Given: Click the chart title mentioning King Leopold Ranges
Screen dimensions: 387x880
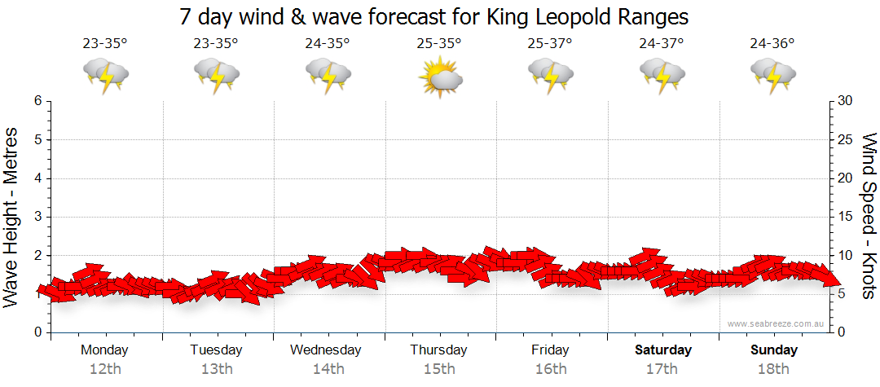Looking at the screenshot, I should [x=433, y=16].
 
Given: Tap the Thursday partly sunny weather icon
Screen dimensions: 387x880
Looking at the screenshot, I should [x=440, y=77].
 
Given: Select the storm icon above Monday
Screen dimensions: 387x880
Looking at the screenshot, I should [x=105, y=76].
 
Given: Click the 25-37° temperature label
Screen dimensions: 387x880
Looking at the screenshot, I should [x=550, y=44].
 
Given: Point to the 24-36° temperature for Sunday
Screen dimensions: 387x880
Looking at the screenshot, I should [x=772, y=44].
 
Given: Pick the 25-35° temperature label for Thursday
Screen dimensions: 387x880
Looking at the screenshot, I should [x=438, y=44].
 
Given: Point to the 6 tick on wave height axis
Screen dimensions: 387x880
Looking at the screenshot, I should [x=37, y=101].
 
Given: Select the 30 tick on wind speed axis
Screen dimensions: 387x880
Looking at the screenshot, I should [x=845, y=101].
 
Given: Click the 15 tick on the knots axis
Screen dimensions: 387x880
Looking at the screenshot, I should [x=844, y=217].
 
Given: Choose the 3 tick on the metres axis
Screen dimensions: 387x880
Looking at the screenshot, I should [x=37, y=217].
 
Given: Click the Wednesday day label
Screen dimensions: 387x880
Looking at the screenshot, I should [x=326, y=350].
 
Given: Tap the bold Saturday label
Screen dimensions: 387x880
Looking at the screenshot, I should [x=663, y=350].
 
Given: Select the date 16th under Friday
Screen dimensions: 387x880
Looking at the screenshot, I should [x=551, y=369].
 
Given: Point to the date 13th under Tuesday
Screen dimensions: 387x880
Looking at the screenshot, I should [x=216, y=369].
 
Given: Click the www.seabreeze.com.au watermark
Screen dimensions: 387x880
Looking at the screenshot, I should [x=777, y=324].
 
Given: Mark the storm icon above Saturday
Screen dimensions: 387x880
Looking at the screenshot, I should [x=662, y=76].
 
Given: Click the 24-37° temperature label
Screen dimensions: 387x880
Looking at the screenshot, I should [x=662, y=44].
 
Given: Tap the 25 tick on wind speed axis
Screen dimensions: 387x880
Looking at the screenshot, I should [x=845, y=139].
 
